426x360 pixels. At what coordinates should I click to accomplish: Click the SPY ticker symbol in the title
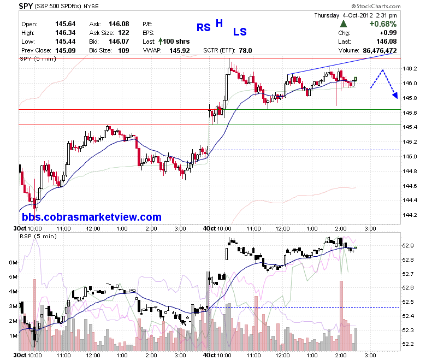click(26, 5)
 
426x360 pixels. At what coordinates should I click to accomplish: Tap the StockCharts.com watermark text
click(376, 6)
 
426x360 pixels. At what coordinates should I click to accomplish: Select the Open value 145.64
click(65, 24)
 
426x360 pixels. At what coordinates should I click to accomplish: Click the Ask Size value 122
click(123, 33)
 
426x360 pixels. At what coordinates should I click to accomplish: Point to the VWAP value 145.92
click(180, 51)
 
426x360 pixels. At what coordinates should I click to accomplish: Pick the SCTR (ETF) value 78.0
click(246, 51)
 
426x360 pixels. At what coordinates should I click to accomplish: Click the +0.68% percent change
click(383, 24)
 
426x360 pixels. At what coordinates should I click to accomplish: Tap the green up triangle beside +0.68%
click(344, 24)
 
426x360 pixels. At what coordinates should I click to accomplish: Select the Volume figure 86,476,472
click(380, 51)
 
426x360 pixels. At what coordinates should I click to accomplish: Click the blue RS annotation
click(204, 27)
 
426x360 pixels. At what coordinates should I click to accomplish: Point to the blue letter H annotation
click(219, 23)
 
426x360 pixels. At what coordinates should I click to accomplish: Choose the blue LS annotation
click(240, 32)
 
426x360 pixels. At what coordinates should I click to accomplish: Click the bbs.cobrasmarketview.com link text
click(92, 217)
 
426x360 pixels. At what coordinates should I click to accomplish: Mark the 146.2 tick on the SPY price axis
click(410, 68)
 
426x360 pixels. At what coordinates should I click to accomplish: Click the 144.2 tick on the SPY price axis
click(410, 215)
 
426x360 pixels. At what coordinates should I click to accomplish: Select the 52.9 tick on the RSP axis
click(408, 246)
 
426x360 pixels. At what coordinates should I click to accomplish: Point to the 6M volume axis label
click(13, 262)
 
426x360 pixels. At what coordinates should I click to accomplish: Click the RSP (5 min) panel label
click(38, 237)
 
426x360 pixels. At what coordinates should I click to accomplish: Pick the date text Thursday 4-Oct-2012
click(344, 15)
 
